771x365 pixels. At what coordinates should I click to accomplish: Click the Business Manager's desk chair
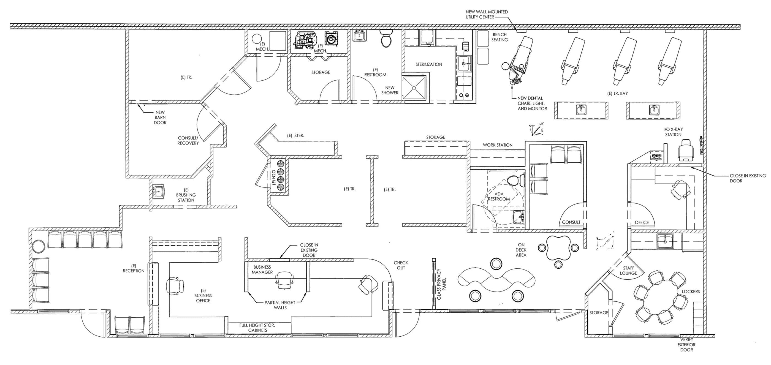coord(283,279)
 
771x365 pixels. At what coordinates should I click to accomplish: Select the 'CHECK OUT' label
coord(401,265)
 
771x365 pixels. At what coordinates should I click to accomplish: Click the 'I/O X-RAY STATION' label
coord(673,132)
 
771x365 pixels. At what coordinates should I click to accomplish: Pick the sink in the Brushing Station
coord(158,192)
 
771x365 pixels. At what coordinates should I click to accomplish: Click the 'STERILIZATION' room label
coord(429,64)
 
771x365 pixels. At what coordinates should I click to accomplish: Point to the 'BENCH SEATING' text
coord(499,37)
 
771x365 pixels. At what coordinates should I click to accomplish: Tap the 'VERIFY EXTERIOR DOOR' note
coord(686,345)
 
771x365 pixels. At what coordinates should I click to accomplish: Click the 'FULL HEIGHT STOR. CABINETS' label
coord(257,328)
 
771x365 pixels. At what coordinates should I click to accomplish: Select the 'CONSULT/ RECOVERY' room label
coord(188,141)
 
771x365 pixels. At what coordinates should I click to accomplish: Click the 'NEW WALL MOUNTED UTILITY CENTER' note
coord(486,14)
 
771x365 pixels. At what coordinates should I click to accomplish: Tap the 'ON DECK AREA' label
coord(521,250)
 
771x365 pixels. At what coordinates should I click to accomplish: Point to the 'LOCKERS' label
coord(691,292)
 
